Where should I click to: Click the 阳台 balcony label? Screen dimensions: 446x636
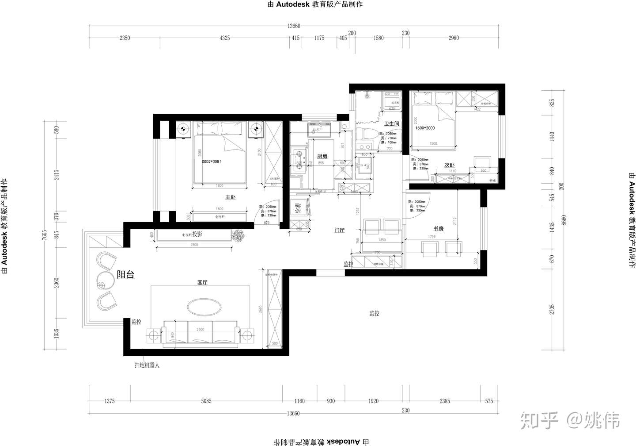[x=125, y=275]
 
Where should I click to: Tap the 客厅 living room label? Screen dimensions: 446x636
[x=202, y=282]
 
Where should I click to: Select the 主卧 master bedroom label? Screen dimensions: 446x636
[x=231, y=197]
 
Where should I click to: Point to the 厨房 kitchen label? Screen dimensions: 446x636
[x=322, y=157]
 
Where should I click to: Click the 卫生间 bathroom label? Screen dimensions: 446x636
[x=391, y=124]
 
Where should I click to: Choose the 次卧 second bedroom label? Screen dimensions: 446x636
[x=449, y=165]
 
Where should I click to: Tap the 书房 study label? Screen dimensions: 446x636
[x=438, y=229]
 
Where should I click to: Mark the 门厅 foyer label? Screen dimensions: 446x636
[x=339, y=231]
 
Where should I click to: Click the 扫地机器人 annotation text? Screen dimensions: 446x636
[x=147, y=365]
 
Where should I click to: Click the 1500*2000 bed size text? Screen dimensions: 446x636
[x=425, y=128]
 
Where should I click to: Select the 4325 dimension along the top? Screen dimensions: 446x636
[x=224, y=38]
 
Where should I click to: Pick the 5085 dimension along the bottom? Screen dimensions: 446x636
[x=206, y=401]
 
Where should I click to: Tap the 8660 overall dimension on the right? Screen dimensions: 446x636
[x=564, y=220]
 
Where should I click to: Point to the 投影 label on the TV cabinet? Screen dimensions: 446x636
[x=197, y=235]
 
